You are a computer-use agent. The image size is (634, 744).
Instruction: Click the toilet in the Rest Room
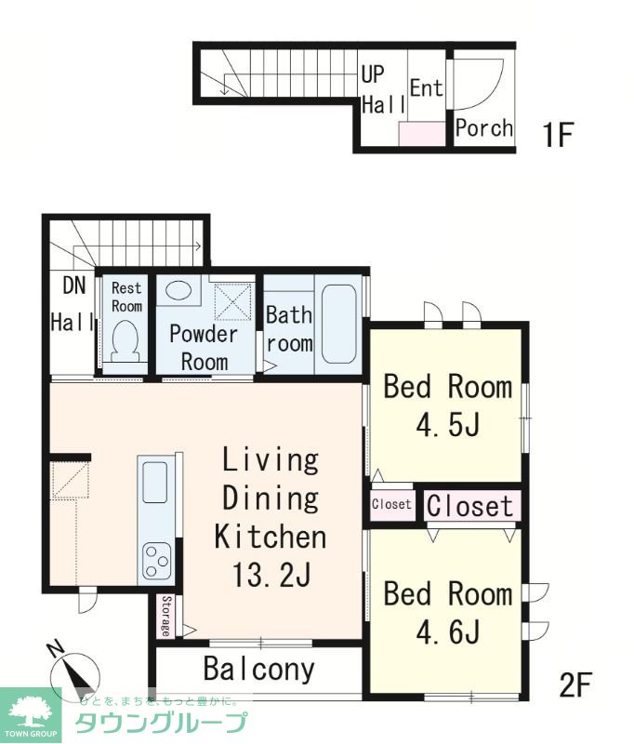(125, 340)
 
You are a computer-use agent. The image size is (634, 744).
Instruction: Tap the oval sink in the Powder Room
(178, 289)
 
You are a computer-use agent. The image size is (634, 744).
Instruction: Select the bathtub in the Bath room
(338, 324)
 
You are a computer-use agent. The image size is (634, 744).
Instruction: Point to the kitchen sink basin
(155, 482)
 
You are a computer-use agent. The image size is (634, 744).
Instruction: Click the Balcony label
(259, 669)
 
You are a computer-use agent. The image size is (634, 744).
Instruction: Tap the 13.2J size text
(271, 576)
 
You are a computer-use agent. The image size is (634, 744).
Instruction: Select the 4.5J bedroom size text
(448, 424)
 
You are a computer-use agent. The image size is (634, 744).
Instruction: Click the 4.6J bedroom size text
(448, 631)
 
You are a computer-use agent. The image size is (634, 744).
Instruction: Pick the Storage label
(166, 616)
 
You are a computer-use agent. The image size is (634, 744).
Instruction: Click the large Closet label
(470, 506)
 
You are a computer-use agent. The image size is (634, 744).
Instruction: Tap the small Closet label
(391, 503)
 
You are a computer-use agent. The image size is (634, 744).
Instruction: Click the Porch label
(484, 127)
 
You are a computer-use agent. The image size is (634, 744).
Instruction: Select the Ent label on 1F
(427, 87)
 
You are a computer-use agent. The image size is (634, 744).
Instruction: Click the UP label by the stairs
(373, 74)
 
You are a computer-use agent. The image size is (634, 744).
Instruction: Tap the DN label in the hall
(74, 286)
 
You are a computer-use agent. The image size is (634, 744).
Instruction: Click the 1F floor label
(558, 135)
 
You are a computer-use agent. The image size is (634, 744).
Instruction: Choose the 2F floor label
(575, 685)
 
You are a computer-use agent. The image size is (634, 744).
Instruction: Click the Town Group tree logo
(31, 711)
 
